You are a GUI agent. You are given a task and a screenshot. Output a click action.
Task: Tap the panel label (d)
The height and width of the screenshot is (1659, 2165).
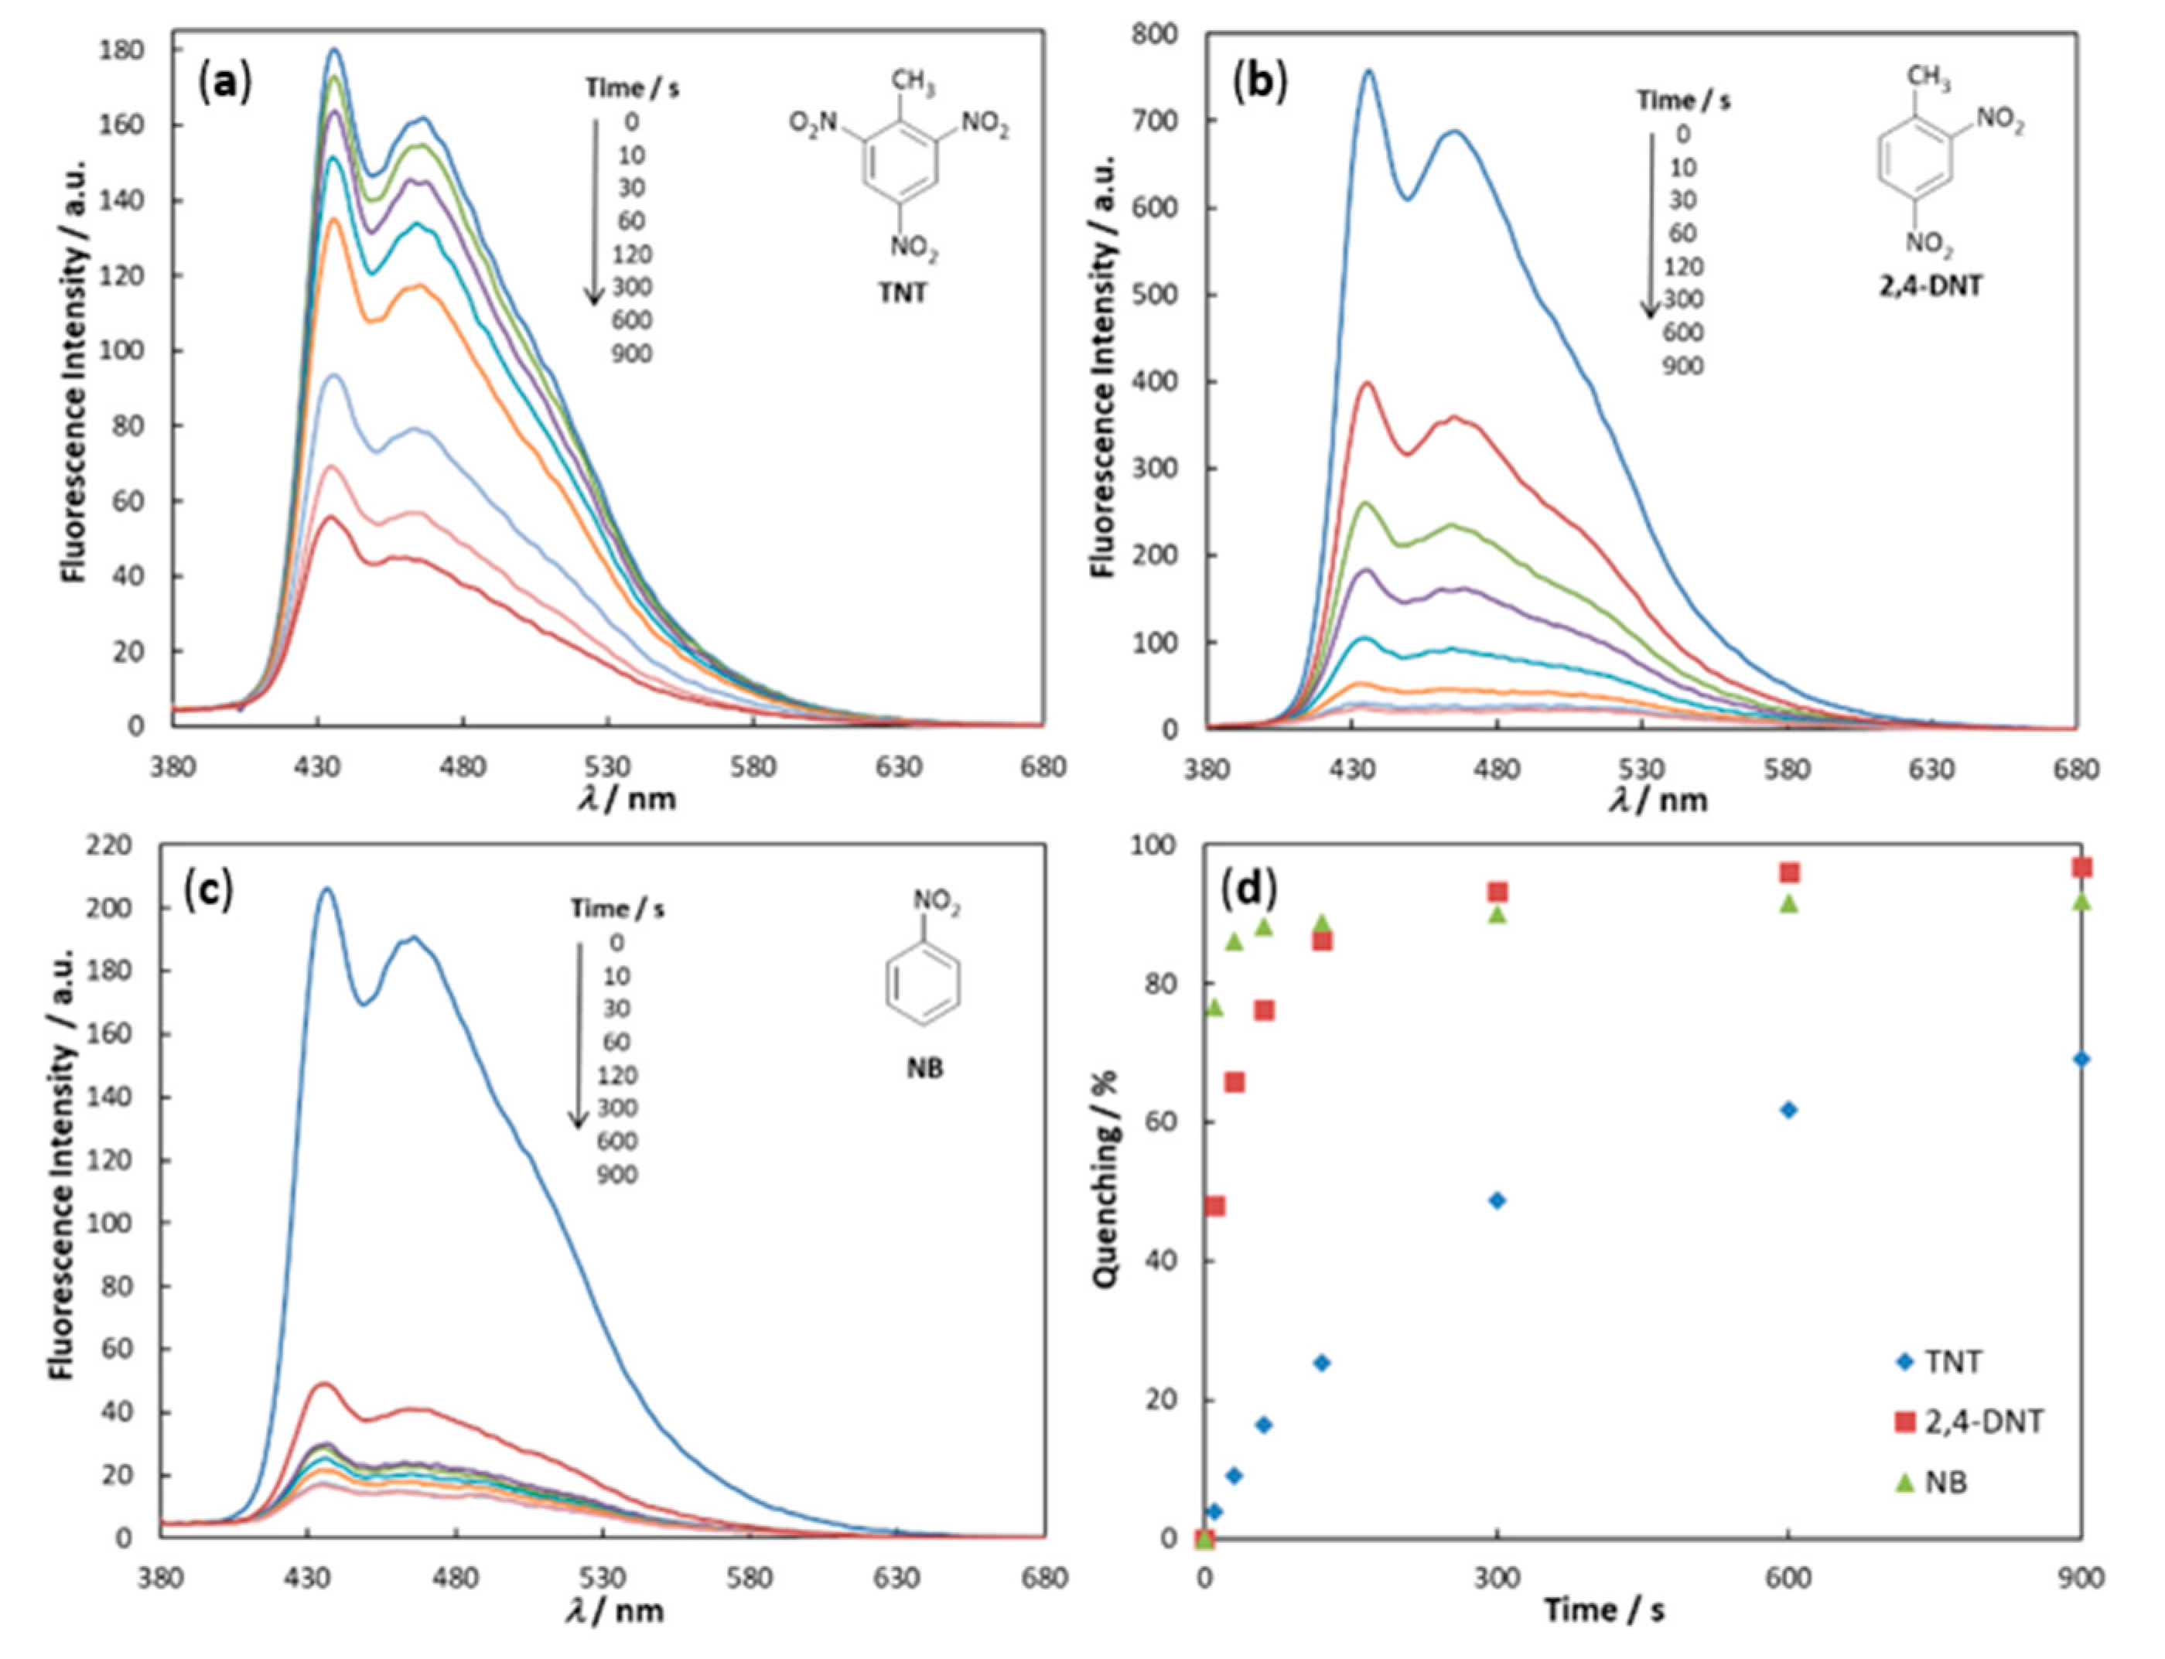coord(1248,889)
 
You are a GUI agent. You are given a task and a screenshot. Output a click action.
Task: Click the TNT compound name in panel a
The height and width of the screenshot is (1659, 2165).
coord(902,293)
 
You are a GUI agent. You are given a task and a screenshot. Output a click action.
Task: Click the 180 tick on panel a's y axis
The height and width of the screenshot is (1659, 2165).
coord(125,49)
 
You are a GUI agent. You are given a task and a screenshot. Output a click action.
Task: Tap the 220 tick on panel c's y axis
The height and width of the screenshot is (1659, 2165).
coord(111,845)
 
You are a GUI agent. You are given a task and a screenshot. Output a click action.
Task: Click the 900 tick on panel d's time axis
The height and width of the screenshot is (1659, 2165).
coord(2081,1579)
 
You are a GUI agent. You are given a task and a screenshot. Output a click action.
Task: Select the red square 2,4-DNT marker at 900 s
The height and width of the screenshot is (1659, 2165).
coord(2081,867)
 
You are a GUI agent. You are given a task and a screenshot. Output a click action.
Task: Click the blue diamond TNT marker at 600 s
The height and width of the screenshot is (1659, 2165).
coord(1788,1110)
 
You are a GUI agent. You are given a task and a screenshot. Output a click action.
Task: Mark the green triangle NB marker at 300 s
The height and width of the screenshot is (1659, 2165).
coord(1497,914)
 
